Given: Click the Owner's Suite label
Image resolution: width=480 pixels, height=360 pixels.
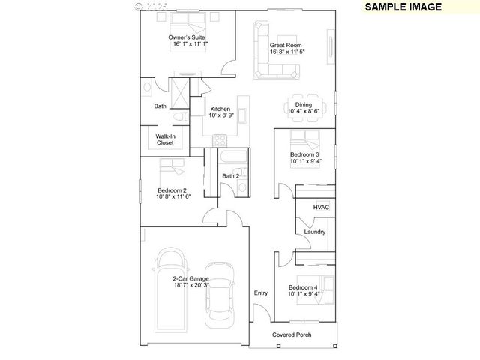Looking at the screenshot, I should [187, 37].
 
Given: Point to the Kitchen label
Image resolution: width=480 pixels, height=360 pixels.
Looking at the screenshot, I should [220, 108].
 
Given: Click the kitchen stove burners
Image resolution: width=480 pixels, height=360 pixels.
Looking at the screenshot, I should [221, 139].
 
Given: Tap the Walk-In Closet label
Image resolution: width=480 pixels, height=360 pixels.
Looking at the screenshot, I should [165, 139].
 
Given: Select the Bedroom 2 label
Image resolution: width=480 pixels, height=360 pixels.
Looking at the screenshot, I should [172, 190].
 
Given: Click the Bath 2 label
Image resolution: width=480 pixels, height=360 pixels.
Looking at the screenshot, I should [231, 176].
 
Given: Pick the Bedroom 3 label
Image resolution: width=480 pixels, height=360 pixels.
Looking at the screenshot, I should [305, 154].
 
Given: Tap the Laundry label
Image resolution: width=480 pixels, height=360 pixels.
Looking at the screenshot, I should [315, 232].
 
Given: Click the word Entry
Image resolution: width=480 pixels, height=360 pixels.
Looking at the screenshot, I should [261, 292].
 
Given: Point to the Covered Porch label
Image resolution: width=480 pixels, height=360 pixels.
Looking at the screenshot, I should [292, 334].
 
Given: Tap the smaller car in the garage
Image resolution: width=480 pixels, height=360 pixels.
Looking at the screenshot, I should [220, 295].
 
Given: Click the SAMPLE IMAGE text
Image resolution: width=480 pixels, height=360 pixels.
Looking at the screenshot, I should [403, 7].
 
